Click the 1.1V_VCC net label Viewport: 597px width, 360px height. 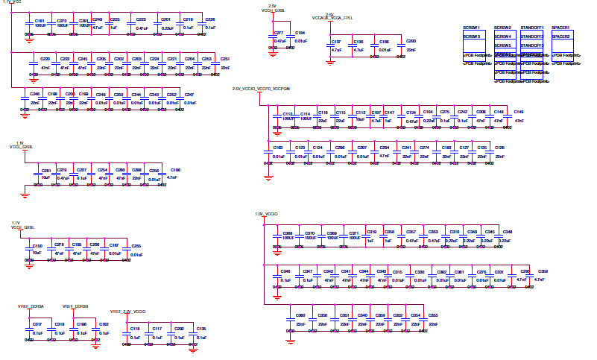click(x=13, y=3)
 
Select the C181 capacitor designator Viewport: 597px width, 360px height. click(x=40, y=21)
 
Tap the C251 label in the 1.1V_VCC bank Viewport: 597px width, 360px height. click(x=225, y=59)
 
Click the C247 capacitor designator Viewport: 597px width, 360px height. click(x=190, y=94)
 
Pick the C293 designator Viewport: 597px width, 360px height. click(x=411, y=42)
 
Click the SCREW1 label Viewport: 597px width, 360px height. click(x=473, y=28)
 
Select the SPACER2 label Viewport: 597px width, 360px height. click(x=561, y=37)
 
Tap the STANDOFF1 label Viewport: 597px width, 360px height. click(x=531, y=28)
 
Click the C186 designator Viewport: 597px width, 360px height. click(x=176, y=170)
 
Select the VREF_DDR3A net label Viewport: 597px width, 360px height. click(x=31, y=306)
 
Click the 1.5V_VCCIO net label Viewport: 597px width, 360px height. click(x=266, y=215)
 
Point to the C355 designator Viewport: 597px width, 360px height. click(x=433, y=315)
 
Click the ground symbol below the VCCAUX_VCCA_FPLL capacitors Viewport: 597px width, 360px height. click(x=329, y=63)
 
